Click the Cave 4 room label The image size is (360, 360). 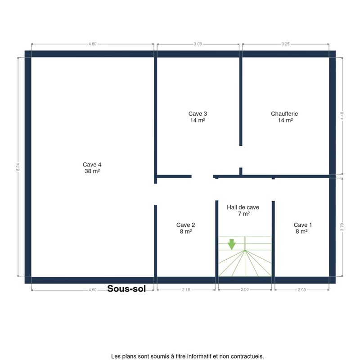click(92, 165)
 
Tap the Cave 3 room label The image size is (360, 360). click(198, 114)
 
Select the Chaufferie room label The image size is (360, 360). click(284, 114)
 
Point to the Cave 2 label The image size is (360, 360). click(185, 225)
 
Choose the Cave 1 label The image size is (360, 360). click(302, 225)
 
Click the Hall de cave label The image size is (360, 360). click(243, 207)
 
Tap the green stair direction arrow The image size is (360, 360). click(232, 244)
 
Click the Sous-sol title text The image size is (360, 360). click(126, 288)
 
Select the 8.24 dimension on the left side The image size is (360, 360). click(18, 167)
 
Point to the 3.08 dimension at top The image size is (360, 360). click(198, 44)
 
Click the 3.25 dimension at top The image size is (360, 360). click(285, 44)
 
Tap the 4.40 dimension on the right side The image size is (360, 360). click(342, 116)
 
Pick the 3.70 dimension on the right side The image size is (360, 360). click(342, 227)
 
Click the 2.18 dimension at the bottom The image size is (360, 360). click(186, 290)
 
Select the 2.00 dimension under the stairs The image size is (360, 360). click(244, 289)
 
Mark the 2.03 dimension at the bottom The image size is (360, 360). click(301, 290)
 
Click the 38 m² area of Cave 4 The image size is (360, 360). click(92, 171)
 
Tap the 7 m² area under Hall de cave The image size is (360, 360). click(243, 214)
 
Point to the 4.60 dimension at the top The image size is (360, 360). click(93, 44)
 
